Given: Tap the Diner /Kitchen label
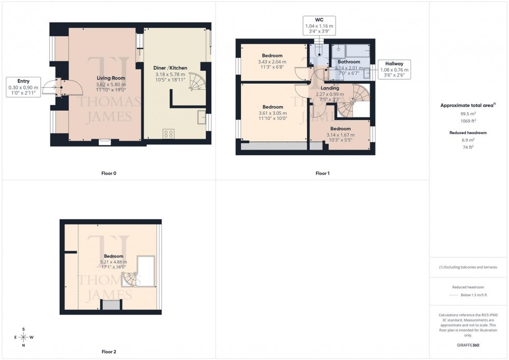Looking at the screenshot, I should [x=170, y=68].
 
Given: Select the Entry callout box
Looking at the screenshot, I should [x=23, y=87].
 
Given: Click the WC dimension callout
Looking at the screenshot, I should [x=319, y=25].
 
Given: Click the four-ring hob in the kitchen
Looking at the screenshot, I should [x=169, y=134].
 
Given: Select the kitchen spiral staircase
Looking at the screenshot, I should [x=196, y=82].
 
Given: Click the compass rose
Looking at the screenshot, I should [x=23, y=337].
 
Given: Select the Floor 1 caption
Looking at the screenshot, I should [x=322, y=173].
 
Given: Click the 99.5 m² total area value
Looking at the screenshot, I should [x=468, y=113].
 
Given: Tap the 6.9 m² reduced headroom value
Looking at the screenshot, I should [x=468, y=140].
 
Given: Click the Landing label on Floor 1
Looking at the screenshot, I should [x=330, y=88].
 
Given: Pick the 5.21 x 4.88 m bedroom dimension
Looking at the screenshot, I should [x=113, y=262].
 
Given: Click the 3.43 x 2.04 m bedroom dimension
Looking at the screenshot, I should [x=272, y=62].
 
